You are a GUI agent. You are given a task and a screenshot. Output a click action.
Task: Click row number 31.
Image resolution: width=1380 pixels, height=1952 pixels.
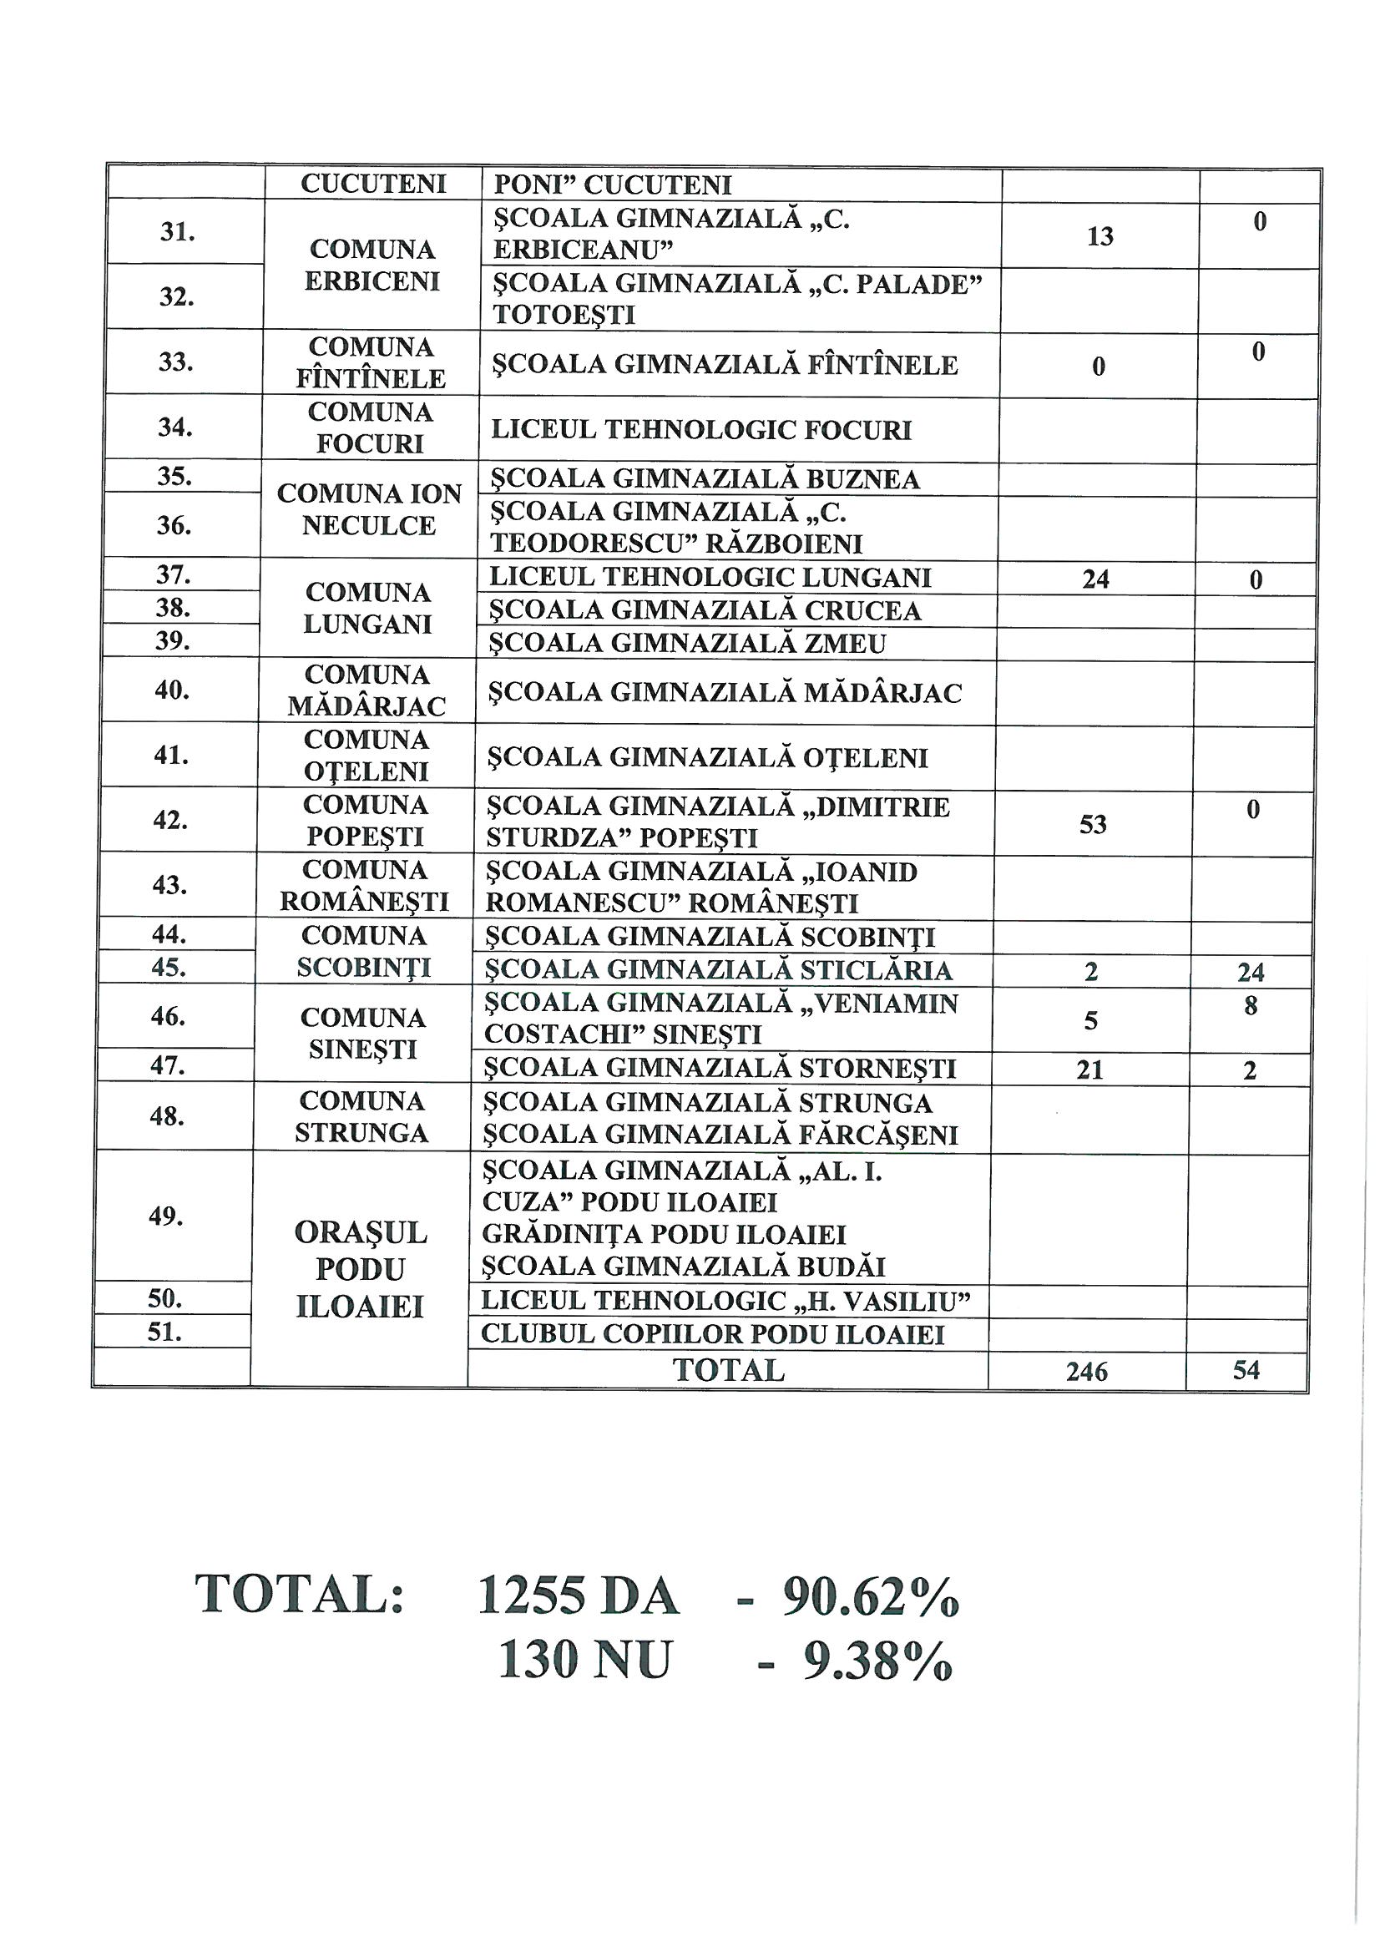coord(178,232)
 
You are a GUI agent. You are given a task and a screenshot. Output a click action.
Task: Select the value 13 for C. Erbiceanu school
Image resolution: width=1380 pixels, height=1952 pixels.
coord(1099,236)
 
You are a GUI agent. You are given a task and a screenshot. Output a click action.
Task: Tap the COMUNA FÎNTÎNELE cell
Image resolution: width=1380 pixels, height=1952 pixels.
coord(371,363)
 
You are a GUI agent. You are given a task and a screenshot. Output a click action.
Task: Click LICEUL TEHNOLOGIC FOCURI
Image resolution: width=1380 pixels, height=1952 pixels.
coord(701,430)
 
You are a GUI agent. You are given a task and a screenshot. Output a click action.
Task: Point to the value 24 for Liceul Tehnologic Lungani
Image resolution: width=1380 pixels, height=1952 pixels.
coord(1095,579)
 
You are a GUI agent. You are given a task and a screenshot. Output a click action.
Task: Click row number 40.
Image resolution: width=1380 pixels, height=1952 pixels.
coord(172,690)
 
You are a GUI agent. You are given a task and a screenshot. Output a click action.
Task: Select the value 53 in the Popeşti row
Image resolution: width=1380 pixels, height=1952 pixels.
coord(1093,825)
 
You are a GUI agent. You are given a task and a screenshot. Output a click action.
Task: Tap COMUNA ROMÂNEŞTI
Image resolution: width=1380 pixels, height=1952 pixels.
coord(364,886)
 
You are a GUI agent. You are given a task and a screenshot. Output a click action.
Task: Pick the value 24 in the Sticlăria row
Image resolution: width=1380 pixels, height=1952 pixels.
coord(1251,972)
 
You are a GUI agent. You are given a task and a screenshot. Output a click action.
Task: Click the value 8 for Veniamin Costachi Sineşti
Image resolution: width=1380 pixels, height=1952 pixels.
coord(1250,1007)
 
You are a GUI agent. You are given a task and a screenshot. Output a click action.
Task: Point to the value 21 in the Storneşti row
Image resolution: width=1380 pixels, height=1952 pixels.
coord(1089,1070)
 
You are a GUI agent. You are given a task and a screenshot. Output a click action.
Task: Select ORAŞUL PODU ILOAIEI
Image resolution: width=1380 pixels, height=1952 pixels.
coord(360,1269)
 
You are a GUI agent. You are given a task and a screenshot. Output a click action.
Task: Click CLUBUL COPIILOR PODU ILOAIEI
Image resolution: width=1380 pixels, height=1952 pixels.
coord(712,1335)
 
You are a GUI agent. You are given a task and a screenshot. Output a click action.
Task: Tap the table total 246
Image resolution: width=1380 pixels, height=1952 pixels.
coord(1087,1372)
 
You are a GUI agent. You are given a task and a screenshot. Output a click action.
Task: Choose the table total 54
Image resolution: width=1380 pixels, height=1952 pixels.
coord(1246,1369)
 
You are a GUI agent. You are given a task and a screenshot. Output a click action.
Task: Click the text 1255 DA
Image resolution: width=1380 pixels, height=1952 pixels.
coord(578,1597)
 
